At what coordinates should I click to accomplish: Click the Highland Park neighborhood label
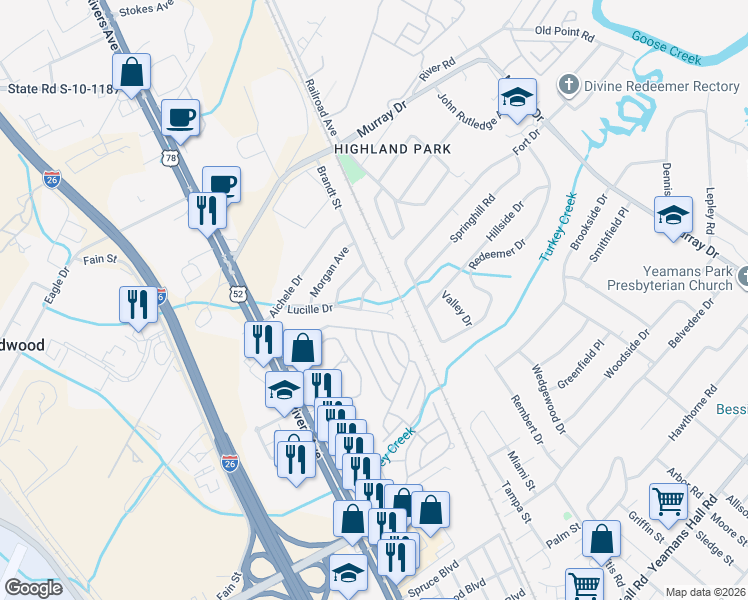(393, 149)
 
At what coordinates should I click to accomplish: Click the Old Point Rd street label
(564, 32)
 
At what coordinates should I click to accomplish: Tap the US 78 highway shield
(172, 158)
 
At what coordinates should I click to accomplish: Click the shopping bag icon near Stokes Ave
(131, 73)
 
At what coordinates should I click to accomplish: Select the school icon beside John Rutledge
(517, 98)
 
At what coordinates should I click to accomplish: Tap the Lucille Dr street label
(309, 309)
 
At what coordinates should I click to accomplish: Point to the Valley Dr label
(456, 307)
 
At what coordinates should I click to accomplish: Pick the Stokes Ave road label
(147, 12)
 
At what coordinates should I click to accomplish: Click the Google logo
(34, 588)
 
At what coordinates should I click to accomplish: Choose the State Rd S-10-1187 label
(62, 89)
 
